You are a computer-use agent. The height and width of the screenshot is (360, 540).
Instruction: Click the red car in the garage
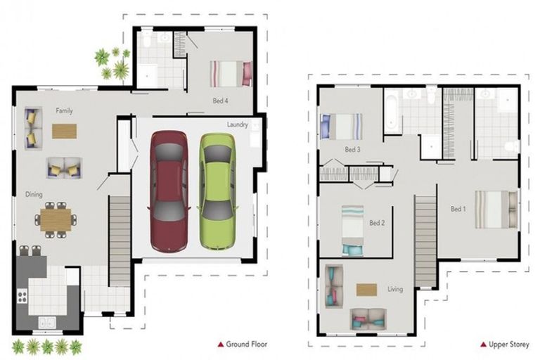(169, 191)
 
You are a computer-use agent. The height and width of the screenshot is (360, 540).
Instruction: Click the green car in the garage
(217, 191)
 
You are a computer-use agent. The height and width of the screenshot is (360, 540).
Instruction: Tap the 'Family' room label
(64, 111)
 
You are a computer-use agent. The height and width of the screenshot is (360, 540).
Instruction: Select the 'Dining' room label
(34, 195)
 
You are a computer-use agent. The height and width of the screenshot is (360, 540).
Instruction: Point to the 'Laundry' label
(237, 124)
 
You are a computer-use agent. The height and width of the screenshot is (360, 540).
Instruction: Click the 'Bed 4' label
(220, 101)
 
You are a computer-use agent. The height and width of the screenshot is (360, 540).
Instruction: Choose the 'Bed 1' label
(458, 209)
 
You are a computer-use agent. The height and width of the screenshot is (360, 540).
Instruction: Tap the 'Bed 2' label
(377, 223)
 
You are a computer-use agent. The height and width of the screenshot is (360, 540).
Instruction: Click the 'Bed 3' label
(352, 150)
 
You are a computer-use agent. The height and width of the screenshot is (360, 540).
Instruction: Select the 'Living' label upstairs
(395, 289)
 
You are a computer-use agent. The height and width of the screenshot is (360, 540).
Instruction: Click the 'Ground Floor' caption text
(246, 344)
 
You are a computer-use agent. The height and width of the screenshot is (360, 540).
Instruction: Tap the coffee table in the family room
(64, 131)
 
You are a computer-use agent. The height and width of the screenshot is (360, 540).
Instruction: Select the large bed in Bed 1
(496, 210)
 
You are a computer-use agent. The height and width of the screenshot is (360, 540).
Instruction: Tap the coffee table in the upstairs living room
(366, 289)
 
